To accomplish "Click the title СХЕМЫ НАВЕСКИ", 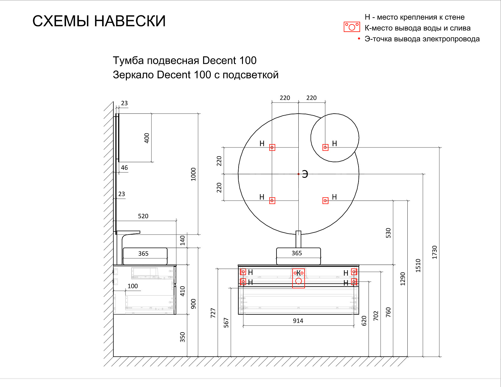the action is click(99, 21).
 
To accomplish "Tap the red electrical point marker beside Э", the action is click(298, 174).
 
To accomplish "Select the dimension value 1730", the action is click(434, 252).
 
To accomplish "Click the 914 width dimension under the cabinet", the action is click(298, 321).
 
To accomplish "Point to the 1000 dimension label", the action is click(193, 174).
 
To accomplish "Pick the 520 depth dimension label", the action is click(143, 216).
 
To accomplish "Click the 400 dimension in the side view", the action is click(147, 138).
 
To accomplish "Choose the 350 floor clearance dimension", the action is click(182, 337).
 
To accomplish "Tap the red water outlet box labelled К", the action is click(298, 278).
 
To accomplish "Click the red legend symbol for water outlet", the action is click(352, 27).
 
